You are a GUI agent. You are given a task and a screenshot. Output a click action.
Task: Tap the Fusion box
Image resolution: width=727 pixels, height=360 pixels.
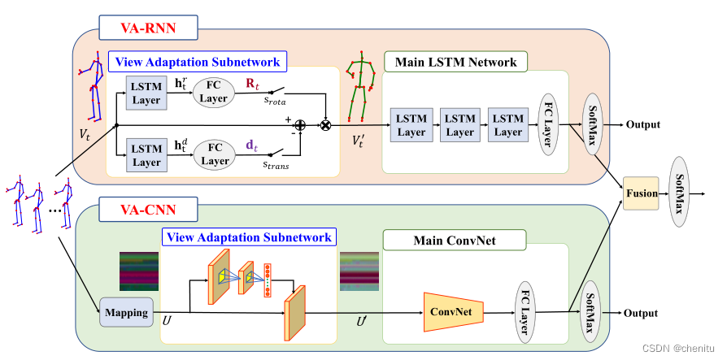641,194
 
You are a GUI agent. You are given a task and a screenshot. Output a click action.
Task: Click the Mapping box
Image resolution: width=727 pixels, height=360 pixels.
126,311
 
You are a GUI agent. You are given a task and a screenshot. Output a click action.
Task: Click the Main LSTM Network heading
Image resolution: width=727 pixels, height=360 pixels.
455,62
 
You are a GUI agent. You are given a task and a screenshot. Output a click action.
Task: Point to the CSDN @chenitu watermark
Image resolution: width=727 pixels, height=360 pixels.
678,347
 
